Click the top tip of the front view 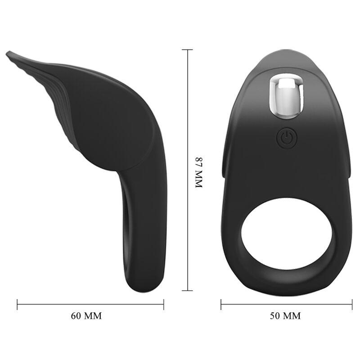pyautogui.click(x=285, y=50)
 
